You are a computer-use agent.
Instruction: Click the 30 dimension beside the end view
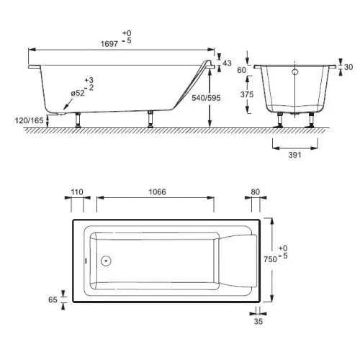[349, 67]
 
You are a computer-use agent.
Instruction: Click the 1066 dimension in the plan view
[155, 192]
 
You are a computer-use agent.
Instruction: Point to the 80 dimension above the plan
[255, 192]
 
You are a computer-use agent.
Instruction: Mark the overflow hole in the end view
[294, 72]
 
